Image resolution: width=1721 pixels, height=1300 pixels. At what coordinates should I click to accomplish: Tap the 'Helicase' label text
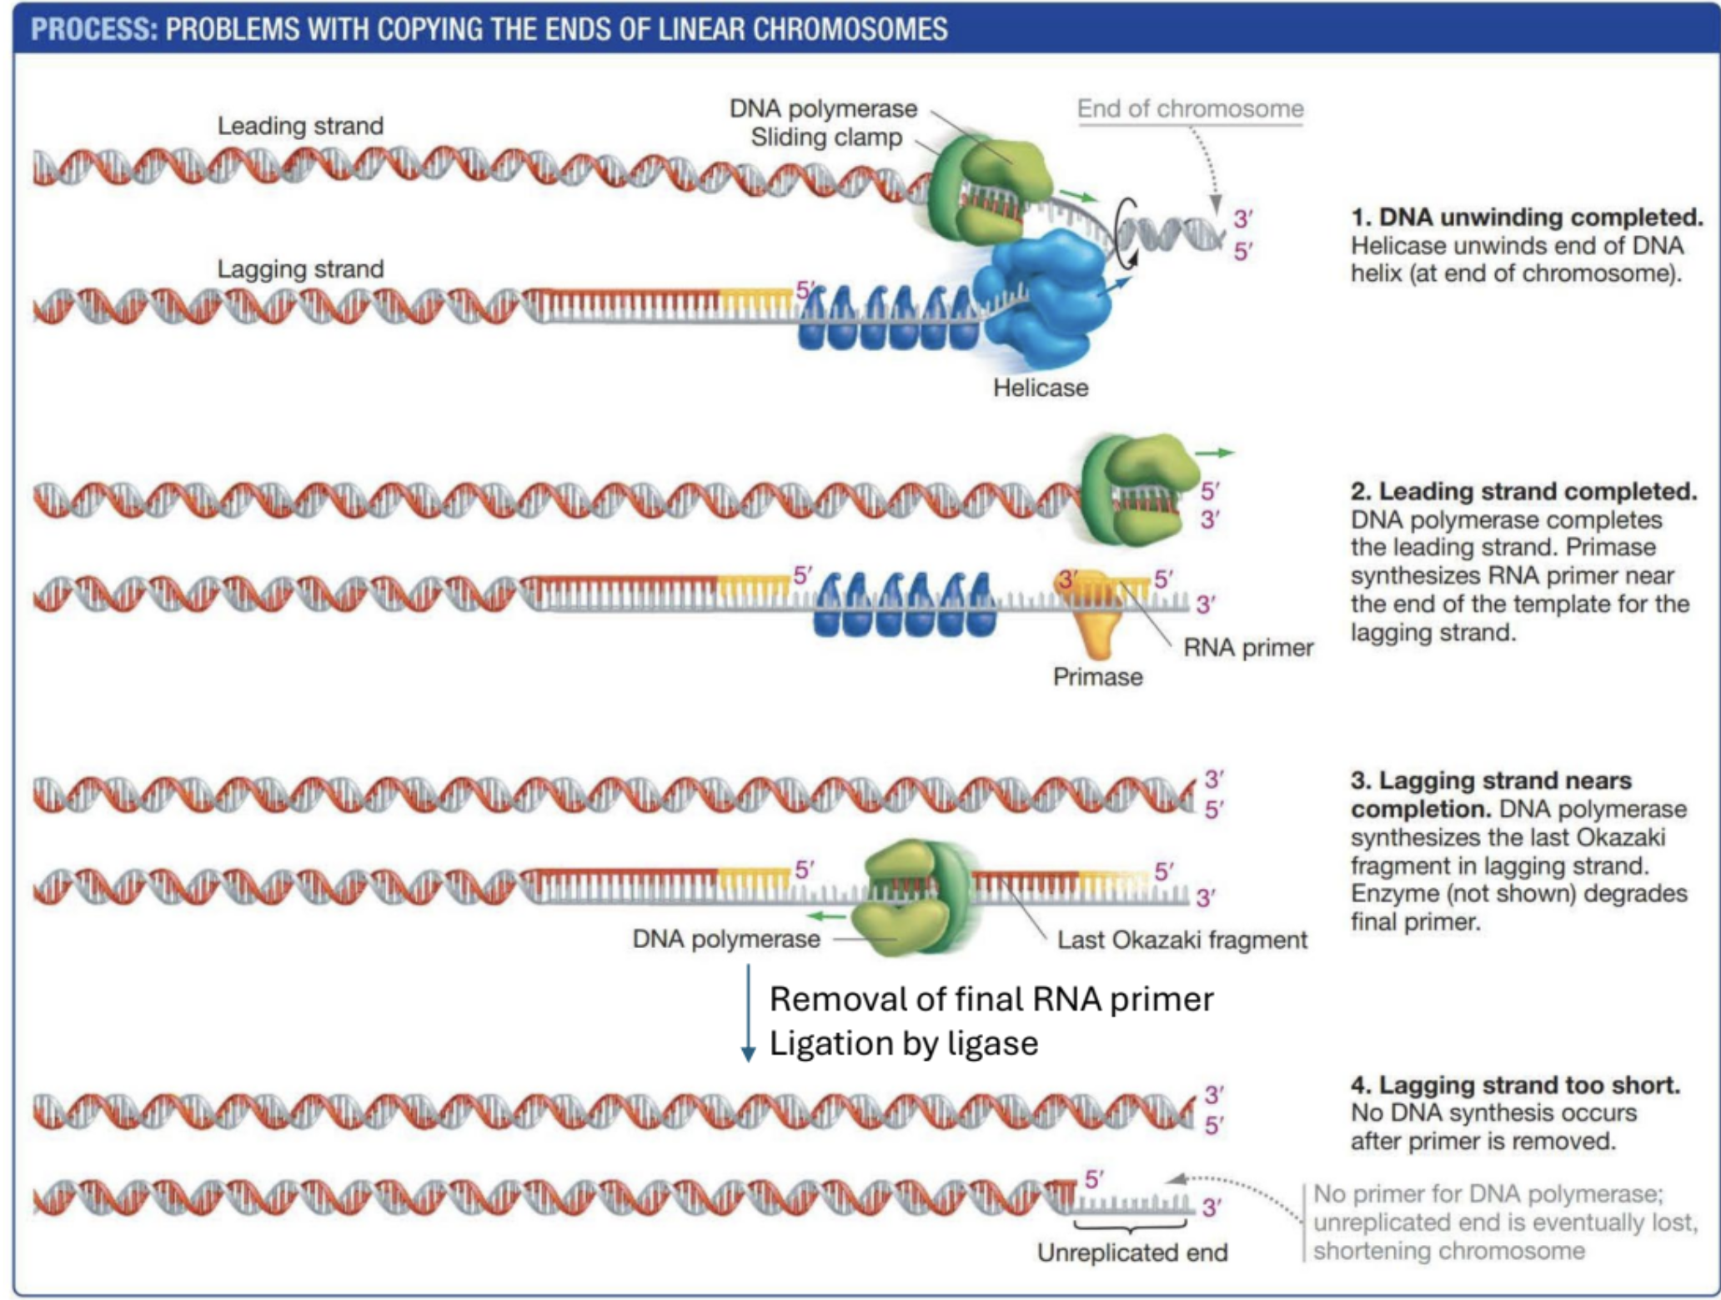pyautogui.click(x=1040, y=388)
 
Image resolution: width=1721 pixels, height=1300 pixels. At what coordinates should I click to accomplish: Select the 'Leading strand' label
pyautogui.click(x=300, y=126)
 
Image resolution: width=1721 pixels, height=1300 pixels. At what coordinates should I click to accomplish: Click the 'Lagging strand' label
pyautogui.click(x=300, y=269)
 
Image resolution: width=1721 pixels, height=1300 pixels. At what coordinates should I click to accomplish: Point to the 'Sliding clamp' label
pyautogui.click(x=825, y=138)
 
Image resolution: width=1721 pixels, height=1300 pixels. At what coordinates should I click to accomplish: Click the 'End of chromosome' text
pyautogui.click(x=1189, y=108)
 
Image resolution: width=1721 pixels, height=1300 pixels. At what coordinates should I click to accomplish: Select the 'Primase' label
pyautogui.click(x=1096, y=676)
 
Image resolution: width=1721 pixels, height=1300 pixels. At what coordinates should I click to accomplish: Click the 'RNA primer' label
pyautogui.click(x=1247, y=648)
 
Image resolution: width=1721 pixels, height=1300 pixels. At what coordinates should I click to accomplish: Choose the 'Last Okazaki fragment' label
pyautogui.click(x=1182, y=940)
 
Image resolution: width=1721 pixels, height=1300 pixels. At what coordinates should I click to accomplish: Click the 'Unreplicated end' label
pyautogui.click(x=1131, y=1252)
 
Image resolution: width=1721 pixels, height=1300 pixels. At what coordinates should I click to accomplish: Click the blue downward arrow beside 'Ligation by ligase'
pyautogui.click(x=748, y=1013)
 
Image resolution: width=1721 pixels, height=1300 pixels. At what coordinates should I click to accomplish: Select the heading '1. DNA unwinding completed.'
pyautogui.click(x=1526, y=218)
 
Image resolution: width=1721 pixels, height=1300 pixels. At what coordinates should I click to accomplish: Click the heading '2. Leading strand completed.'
pyautogui.click(x=1523, y=491)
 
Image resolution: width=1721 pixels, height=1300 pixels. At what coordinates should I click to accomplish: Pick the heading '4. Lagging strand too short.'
pyautogui.click(x=1514, y=1085)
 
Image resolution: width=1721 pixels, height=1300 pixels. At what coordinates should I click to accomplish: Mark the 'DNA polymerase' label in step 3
pyautogui.click(x=725, y=939)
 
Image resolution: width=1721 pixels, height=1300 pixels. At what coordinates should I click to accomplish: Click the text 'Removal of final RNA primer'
pyautogui.click(x=991, y=999)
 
